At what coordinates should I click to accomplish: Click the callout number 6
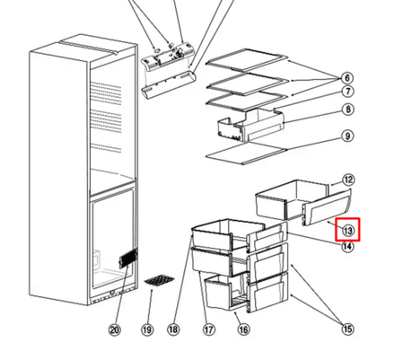347,76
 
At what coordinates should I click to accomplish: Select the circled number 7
347,92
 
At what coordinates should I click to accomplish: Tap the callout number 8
347,110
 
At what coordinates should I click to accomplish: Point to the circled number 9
347,137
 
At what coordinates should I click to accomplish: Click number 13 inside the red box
347,232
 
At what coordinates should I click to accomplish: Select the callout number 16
241,330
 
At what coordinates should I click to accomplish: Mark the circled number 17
209,330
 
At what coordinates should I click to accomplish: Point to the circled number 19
147,330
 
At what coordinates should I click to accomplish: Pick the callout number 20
114,330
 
